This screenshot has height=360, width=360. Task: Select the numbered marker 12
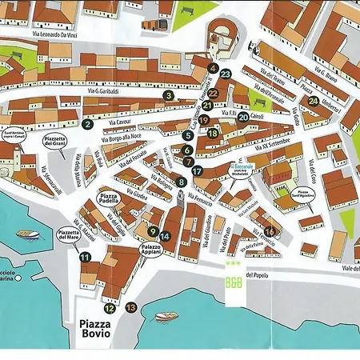click(x=110, y=308)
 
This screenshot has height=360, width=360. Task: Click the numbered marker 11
click(x=84, y=257)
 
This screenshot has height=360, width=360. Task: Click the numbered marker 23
click(x=226, y=74)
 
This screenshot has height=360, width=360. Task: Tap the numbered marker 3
click(x=169, y=95)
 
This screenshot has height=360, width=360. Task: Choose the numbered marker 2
click(x=86, y=123)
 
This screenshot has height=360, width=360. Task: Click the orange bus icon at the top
click(x=151, y=25)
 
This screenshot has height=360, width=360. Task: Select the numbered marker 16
click(x=270, y=231)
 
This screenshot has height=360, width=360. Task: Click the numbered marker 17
click(x=197, y=171)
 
